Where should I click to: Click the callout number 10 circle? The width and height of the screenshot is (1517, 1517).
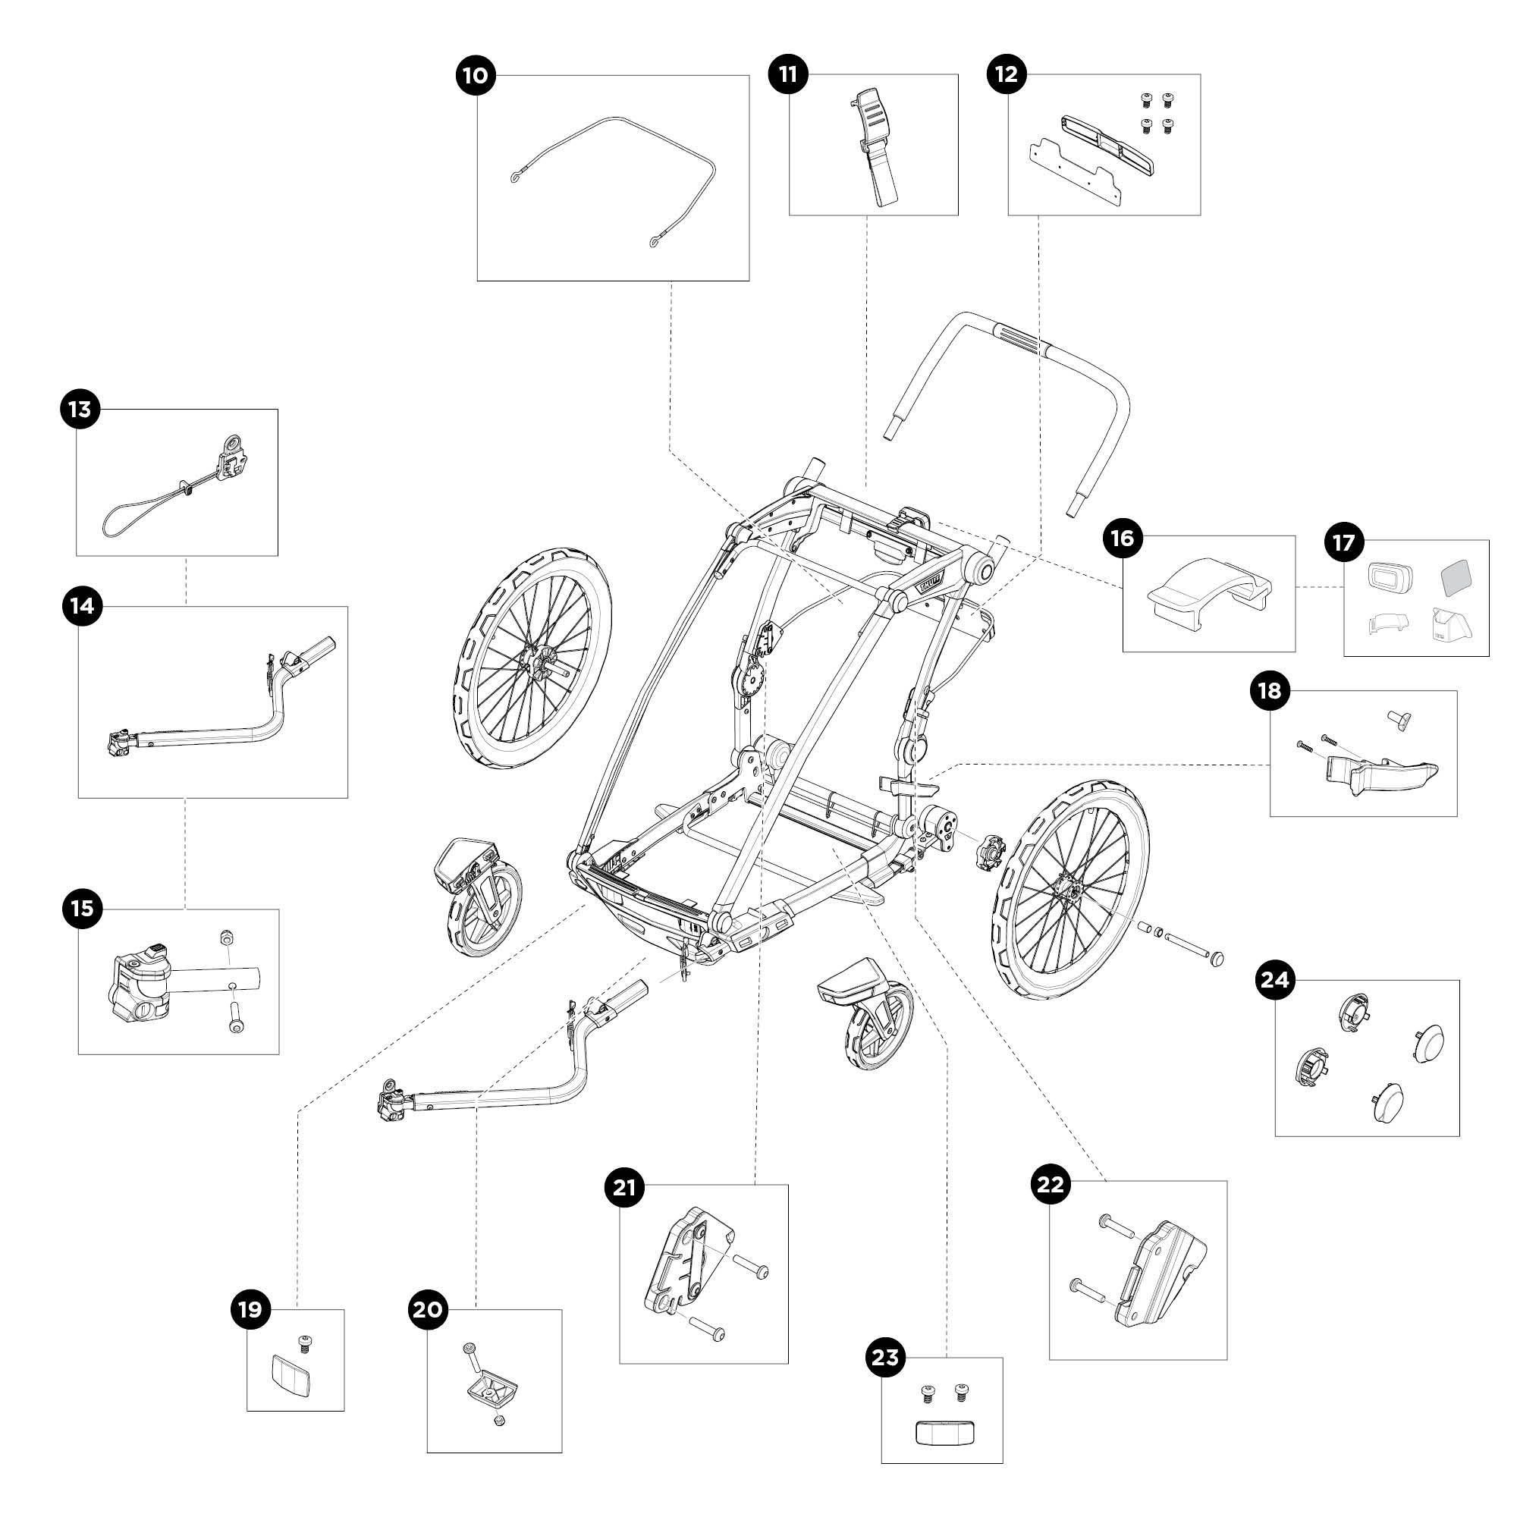pos(476,75)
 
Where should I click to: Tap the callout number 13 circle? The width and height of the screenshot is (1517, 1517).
pos(80,409)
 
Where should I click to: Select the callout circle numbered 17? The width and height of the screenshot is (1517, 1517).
pos(1343,542)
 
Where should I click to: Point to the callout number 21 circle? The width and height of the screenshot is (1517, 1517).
pos(624,1188)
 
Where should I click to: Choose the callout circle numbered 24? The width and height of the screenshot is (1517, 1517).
pos(1274,979)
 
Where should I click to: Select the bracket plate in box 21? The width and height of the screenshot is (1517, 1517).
pos(689,1261)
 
